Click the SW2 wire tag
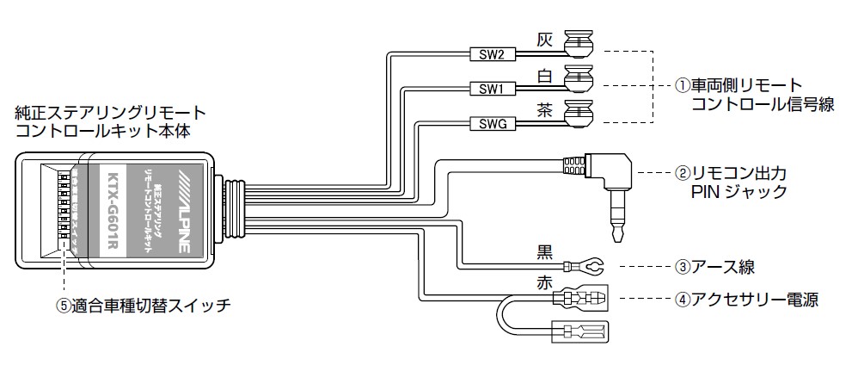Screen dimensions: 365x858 (x=492, y=55)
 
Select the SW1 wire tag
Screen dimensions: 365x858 (x=492, y=89)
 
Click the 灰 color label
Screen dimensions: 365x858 (x=543, y=40)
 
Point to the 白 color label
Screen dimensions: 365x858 (x=543, y=75)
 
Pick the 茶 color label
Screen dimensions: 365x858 (x=543, y=109)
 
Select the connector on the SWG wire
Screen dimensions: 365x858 (x=579, y=114)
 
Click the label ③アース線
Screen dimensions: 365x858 (x=714, y=267)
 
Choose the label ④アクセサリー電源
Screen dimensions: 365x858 (x=745, y=300)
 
